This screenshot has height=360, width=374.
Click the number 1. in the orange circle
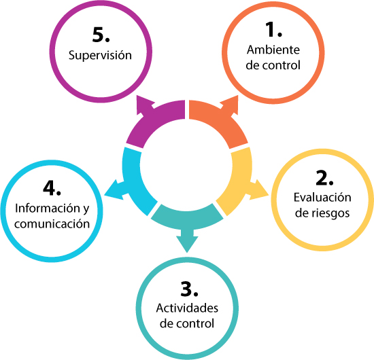pos(274,29)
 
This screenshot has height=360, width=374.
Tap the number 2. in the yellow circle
pos(324,178)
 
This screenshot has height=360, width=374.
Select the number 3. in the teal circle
pos(190,289)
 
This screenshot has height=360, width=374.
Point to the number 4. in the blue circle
pos(52,188)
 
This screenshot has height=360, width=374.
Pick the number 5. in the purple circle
pos(101,35)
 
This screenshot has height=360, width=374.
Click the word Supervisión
pos(100,56)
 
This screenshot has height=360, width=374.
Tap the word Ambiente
pos(273,50)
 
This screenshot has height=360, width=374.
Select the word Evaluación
pos(322,197)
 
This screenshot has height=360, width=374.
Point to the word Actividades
pos(187,308)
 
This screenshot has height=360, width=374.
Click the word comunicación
pos(52,223)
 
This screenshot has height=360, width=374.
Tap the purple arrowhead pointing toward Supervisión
pos(145,106)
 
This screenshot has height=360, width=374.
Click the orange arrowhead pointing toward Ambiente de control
pos(230,106)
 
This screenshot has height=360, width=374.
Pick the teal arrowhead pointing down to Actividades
pos(187,243)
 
